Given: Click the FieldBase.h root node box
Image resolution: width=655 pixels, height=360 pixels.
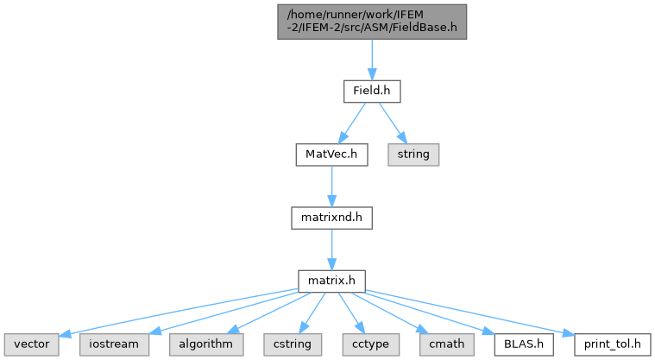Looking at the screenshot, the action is tap(372, 22).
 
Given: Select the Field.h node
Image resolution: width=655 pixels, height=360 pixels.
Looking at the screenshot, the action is tap(372, 92).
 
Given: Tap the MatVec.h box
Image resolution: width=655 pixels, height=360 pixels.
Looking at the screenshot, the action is tap(331, 155).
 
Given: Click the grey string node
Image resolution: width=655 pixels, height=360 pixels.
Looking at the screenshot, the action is tap(413, 155).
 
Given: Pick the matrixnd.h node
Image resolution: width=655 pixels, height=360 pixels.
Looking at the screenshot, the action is tap(331, 218).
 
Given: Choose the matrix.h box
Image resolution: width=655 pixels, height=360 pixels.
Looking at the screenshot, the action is tap(331, 281).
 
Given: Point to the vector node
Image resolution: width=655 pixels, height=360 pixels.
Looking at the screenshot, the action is tap(32, 344).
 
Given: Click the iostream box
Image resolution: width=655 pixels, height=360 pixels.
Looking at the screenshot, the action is tap(114, 344).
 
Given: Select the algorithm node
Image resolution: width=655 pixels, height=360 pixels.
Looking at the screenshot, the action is tap(206, 344).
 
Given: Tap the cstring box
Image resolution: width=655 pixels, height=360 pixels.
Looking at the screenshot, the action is tap(293, 344).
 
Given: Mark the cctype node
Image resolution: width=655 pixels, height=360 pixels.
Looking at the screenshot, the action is tap(370, 344).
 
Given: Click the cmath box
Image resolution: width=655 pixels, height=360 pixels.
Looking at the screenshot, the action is tap(446, 344).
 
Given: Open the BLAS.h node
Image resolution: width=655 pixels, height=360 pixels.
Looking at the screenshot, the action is tap(524, 344).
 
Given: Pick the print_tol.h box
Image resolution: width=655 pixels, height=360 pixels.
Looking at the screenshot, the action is tap(613, 344).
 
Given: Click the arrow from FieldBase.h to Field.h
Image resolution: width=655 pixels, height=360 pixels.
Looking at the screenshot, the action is tap(372, 60).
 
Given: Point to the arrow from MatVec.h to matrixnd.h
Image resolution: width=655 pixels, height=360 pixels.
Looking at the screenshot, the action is tap(331, 186).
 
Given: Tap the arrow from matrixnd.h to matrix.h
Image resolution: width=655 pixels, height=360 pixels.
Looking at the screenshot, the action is tap(331, 249).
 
